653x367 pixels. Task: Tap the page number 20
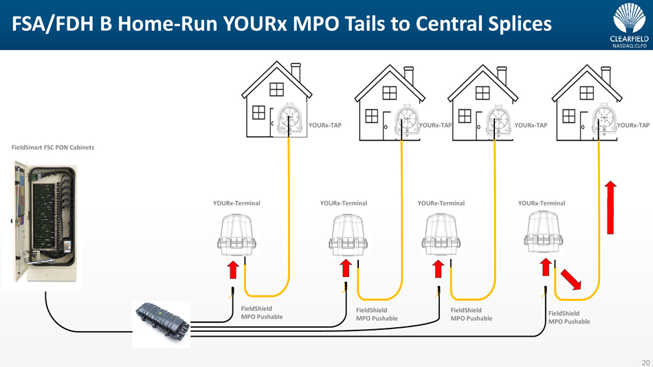click(645, 362)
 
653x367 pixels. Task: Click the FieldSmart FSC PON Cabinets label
click(53, 148)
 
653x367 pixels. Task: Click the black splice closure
click(162, 322)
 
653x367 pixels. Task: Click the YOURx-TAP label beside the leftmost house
click(325, 126)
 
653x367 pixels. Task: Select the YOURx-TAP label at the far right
click(633, 126)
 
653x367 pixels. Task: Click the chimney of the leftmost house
click(296, 71)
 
